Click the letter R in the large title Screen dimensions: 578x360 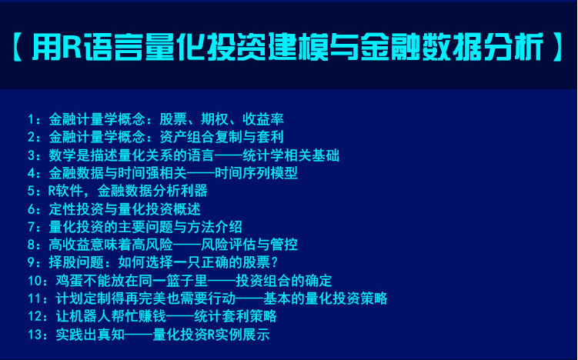pyautogui.click(x=72, y=46)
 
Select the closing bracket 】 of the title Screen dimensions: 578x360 pyautogui.click(x=556, y=46)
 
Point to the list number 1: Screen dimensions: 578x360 pyautogui.click(x=35, y=119)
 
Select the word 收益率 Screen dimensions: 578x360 pyautogui.click(x=263, y=119)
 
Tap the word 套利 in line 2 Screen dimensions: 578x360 pyautogui.click(x=270, y=137)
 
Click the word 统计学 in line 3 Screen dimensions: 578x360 pyautogui.click(x=263, y=155)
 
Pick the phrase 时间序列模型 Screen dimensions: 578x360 pyautogui.click(x=256, y=173)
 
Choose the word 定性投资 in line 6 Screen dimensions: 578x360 pyautogui.click(x=76, y=209)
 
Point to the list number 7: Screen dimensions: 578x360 pyautogui.click(x=35, y=227)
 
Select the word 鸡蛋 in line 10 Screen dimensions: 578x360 pyautogui.click(x=70, y=281)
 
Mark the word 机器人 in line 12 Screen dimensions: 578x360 pyautogui.click(x=90, y=316)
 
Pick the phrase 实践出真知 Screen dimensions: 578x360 pyautogui.click(x=90, y=335)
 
